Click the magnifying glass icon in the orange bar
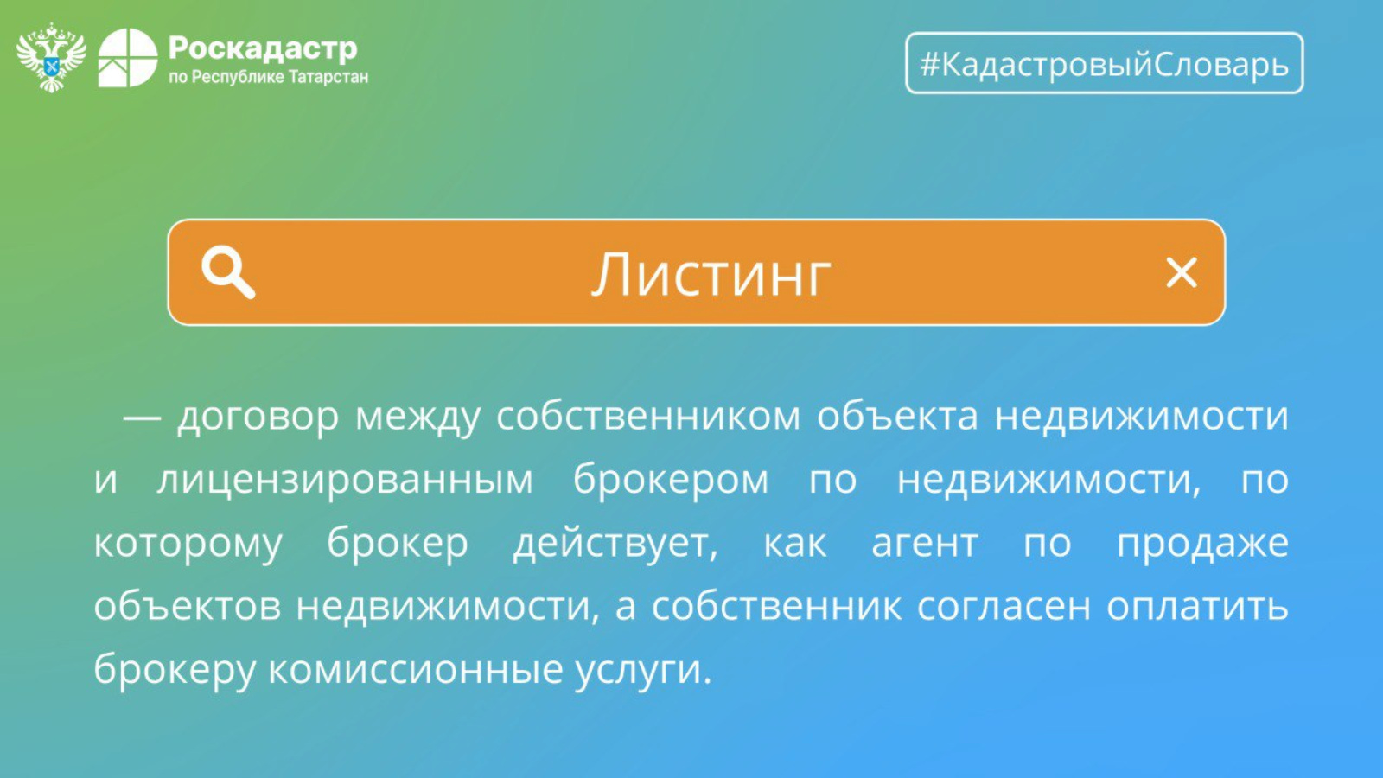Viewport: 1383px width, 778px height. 228,272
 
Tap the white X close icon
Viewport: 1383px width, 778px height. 1181,273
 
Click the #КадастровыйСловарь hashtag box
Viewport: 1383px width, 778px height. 1104,63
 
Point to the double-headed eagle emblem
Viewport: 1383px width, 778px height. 51,57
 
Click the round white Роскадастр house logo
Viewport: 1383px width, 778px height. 128,57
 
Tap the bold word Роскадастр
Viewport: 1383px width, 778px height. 263,48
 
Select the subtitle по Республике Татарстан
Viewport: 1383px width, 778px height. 269,77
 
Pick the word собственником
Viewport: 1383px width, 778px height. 648,416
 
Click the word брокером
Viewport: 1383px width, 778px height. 671,481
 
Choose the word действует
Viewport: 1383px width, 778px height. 615,545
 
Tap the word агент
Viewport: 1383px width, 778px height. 925,544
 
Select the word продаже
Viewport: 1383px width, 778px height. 1202,545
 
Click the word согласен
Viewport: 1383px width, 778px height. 1004,606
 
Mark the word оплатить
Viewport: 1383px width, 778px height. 1197,606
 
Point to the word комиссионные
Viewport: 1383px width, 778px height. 416,670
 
